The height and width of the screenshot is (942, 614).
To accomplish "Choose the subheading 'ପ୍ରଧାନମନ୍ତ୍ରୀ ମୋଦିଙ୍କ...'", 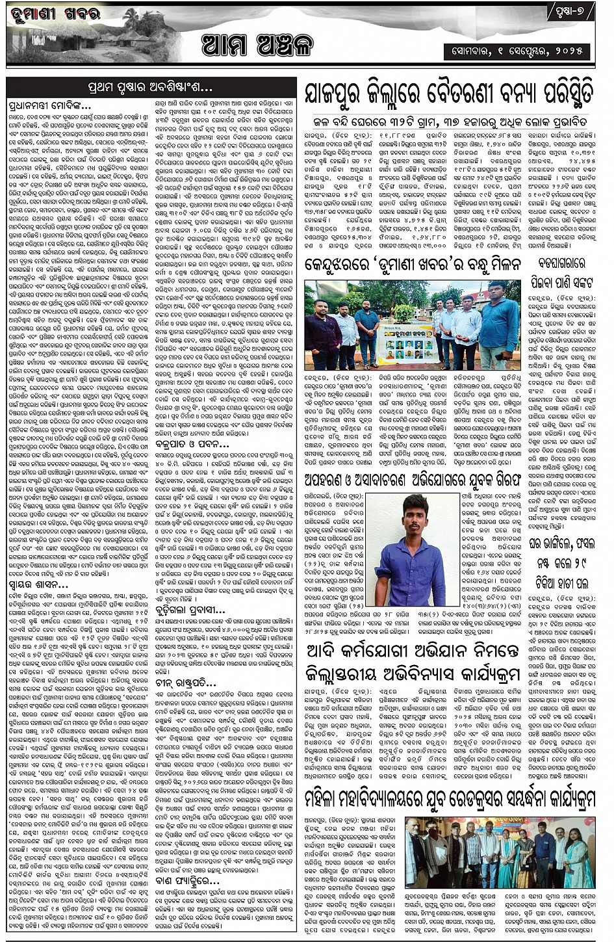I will coord(51,105).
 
